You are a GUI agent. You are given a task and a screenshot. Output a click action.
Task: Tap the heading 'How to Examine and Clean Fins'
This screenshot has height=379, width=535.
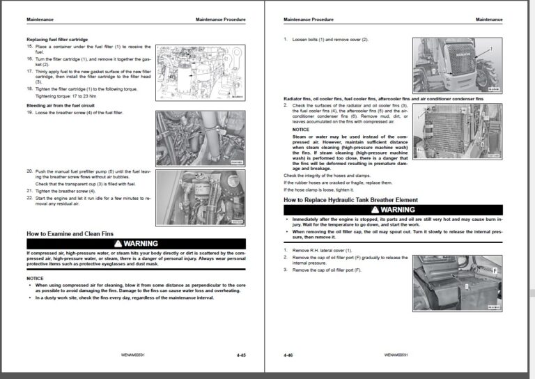(71, 234)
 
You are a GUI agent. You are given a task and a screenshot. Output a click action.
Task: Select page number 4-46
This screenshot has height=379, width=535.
(288, 355)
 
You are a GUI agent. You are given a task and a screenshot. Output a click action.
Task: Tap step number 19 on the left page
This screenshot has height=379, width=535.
(30, 111)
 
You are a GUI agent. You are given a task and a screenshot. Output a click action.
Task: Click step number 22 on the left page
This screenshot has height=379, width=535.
(30, 198)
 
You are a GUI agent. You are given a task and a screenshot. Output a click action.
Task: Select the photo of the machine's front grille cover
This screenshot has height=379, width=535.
(457, 65)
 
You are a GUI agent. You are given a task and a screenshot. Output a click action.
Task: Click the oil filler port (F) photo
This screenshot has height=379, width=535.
(457, 283)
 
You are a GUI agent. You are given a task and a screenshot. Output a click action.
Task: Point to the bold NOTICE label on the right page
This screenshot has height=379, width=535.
(301, 129)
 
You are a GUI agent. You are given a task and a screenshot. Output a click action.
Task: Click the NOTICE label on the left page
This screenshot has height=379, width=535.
(35, 278)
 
